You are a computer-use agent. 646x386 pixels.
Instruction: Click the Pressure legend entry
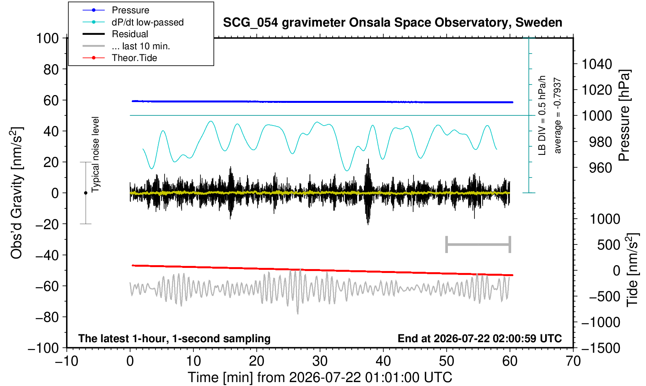tap(116, 10)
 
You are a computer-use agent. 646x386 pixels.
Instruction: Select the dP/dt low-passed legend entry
tap(133, 22)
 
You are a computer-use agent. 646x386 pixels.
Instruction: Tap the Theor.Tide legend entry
tap(120, 58)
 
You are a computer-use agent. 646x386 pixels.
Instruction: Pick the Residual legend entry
tap(115, 34)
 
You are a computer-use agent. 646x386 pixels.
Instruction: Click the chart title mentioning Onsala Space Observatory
tap(392, 23)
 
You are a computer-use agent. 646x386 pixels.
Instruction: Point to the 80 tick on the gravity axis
tap(51, 70)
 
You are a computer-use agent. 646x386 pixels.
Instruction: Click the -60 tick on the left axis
tap(47, 286)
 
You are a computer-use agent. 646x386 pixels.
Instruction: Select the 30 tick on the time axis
tap(320, 361)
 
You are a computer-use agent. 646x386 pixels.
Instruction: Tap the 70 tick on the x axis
tap(573, 361)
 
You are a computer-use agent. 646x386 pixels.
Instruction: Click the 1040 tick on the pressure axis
tap(597, 64)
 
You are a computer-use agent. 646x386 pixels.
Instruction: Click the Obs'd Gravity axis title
tap(16, 193)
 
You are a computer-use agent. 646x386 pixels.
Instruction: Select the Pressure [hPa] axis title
tap(625, 115)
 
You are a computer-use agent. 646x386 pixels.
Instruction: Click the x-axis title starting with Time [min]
tap(320, 377)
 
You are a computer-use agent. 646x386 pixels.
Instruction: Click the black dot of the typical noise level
tap(86, 193)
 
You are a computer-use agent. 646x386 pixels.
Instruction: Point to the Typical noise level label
tap(95, 155)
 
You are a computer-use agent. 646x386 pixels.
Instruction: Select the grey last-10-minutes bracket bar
tap(478, 244)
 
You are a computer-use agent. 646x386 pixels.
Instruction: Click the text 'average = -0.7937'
tap(557, 115)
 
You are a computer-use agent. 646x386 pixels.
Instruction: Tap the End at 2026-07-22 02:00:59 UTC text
tap(480, 338)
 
